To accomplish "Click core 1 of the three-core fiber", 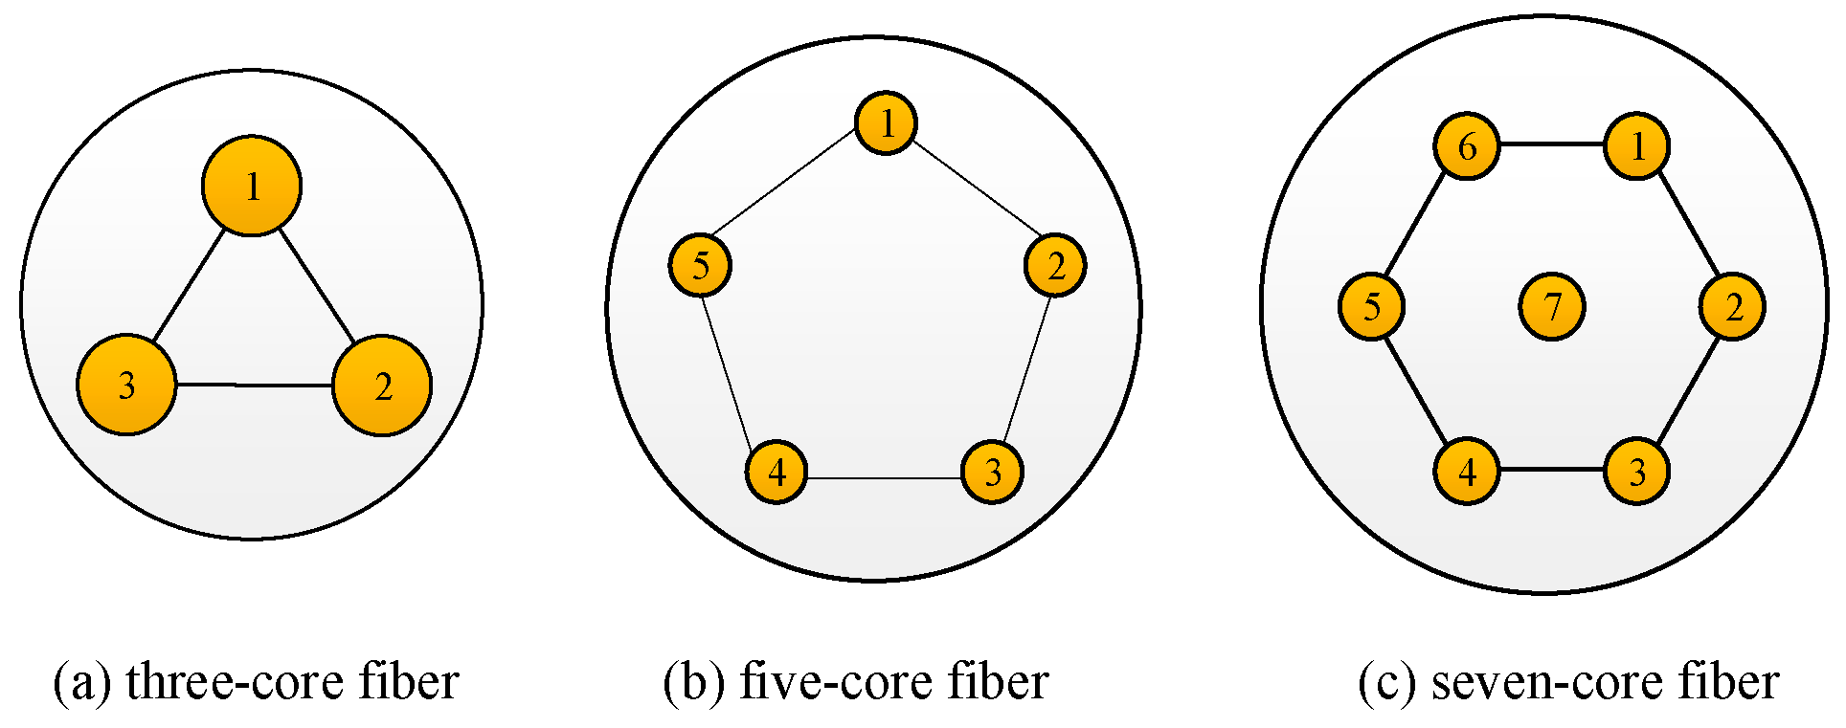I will pyautogui.click(x=252, y=187).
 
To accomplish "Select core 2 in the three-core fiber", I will pyautogui.click(x=382, y=386).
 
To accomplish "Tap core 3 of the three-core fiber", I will pyautogui.click(x=126, y=385).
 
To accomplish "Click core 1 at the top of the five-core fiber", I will pyautogui.click(x=886, y=122).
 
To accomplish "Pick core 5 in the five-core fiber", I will pyautogui.click(x=700, y=265).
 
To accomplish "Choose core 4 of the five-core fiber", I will pyautogui.click(x=777, y=472).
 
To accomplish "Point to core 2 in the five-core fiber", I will pyautogui.click(x=1055, y=265).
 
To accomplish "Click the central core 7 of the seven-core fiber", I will pyautogui.click(x=1552, y=307).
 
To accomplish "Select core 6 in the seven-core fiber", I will pyautogui.click(x=1467, y=146).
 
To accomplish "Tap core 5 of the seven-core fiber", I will pyautogui.click(x=1371, y=307).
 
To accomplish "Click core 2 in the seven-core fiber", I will pyautogui.click(x=1733, y=307).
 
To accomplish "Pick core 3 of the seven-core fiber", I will pyautogui.click(x=1637, y=471).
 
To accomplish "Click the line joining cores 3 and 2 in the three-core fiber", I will pyautogui.click(x=254, y=386).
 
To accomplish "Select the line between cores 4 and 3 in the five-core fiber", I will pyautogui.click(x=885, y=477).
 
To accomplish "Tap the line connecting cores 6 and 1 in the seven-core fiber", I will pyautogui.click(x=1552, y=144).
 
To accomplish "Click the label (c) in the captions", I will pyautogui.click(x=1386, y=682).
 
